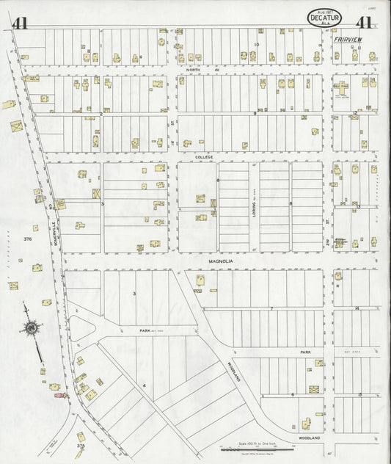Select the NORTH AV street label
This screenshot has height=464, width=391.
193,70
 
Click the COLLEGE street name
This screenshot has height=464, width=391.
203,157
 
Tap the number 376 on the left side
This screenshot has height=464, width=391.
27,239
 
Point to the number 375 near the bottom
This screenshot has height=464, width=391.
81,445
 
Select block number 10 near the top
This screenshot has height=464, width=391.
257,45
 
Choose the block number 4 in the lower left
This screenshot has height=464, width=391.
145,385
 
